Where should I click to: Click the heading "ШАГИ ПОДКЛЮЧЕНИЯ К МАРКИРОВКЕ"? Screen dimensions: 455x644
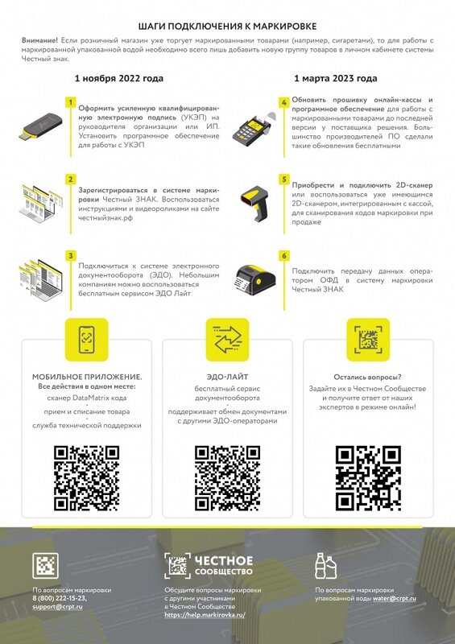tap(228, 27)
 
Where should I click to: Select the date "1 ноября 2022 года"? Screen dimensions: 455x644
tap(119, 78)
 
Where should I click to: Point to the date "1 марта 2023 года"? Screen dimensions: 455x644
tap(335, 78)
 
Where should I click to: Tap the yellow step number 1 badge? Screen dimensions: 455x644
tap(71, 102)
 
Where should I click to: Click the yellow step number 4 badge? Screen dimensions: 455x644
tap(284, 102)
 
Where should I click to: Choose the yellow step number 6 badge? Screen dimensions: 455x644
tap(284, 256)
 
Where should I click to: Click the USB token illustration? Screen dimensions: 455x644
tap(40, 126)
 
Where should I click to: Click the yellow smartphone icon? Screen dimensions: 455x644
tap(87, 340)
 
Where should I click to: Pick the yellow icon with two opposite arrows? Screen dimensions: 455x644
tap(227, 340)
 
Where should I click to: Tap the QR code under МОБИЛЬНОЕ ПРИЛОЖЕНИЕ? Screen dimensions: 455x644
tap(87, 478)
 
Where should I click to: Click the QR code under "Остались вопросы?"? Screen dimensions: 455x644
tap(368, 478)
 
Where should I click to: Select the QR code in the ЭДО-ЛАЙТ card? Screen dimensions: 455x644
tap(227, 478)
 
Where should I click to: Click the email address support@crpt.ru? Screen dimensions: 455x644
tap(57, 607)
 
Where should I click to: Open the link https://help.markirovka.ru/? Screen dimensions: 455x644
tap(205, 615)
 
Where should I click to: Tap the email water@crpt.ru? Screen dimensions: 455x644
tap(395, 598)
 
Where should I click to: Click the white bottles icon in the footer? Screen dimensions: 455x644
tap(325, 566)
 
